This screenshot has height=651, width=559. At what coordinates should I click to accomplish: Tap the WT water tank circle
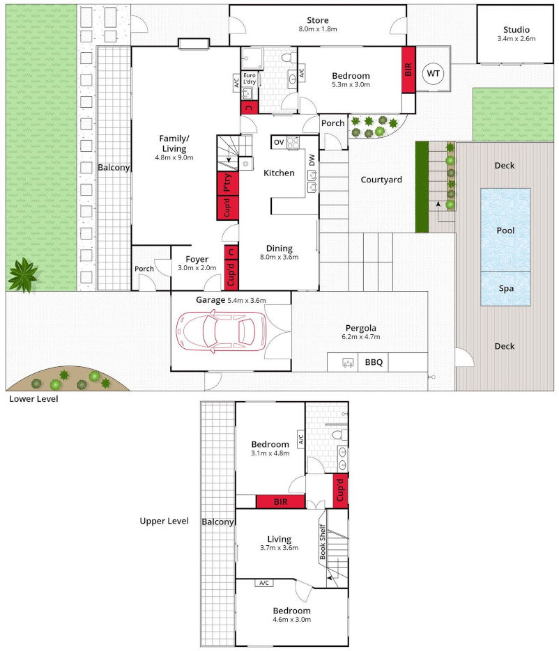coord(434,73)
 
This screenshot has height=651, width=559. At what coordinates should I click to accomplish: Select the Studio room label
coord(516,30)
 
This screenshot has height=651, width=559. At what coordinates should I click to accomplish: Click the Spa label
coord(505,288)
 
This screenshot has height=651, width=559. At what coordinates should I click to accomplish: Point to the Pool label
coord(505,230)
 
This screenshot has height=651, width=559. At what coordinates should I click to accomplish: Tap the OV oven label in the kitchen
coord(278,142)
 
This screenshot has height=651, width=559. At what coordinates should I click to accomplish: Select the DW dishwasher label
coord(312,159)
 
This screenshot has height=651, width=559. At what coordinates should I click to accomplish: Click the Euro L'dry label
coord(250,79)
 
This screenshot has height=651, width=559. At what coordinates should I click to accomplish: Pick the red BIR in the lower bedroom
coord(408,70)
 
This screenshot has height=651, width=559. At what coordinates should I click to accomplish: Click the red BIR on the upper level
coord(280,501)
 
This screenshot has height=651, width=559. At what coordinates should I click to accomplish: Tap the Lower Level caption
coord(33,400)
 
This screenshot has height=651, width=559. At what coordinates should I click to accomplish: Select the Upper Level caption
coord(164,521)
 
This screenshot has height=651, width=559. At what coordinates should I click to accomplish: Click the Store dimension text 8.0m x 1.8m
coord(318,30)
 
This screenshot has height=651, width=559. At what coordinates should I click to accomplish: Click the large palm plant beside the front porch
coord(23,275)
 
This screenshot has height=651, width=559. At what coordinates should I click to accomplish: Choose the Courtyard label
coord(381,180)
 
